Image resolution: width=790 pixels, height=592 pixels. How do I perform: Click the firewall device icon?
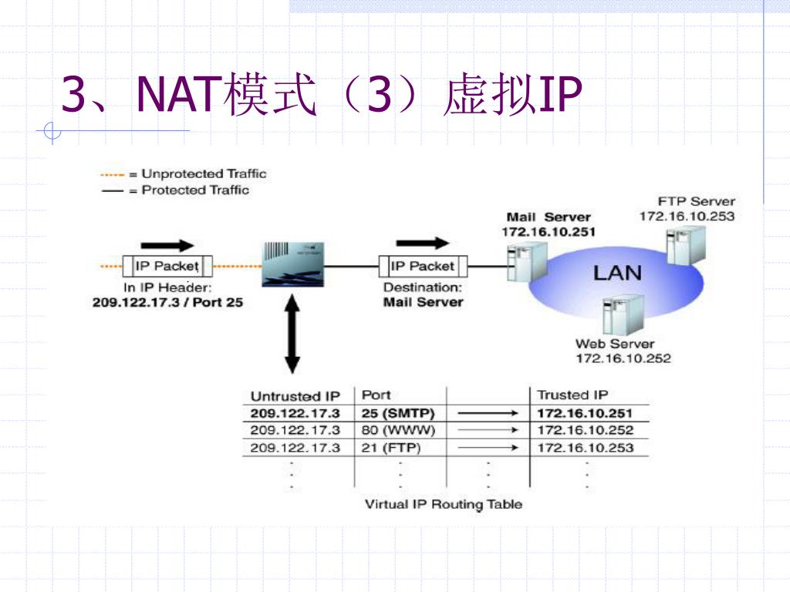coord(292,265)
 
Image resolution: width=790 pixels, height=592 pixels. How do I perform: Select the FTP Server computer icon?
coord(686,245)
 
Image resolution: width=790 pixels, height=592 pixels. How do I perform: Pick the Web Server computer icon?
coord(623,314)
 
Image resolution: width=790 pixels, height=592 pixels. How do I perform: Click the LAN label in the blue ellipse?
coord(617,273)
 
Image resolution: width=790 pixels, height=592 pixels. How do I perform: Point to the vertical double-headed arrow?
coord(292,334)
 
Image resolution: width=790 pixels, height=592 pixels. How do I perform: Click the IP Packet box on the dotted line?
coord(167,266)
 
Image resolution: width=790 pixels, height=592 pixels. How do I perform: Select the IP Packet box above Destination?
coord(423,266)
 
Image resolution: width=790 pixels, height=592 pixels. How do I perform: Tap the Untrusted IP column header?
coord(295,396)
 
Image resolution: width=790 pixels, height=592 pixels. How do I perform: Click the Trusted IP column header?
coord(572,395)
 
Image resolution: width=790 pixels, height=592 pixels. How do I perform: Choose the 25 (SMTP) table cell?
coord(398,413)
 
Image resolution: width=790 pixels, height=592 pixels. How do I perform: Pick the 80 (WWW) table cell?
coord(398,430)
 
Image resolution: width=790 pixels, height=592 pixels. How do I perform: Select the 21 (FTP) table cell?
coord(391,448)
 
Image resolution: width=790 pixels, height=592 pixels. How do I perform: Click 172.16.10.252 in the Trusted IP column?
coord(585,430)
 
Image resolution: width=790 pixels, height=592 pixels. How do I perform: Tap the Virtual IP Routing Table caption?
coord(444,504)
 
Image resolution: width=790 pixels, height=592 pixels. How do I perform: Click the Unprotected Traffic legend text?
coord(204,173)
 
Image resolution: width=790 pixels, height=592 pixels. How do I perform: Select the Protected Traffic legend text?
coord(195,190)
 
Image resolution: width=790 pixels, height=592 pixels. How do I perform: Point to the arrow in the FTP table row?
coord(488,448)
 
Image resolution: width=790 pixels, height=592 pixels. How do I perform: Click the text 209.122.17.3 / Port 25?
coord(167,302)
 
